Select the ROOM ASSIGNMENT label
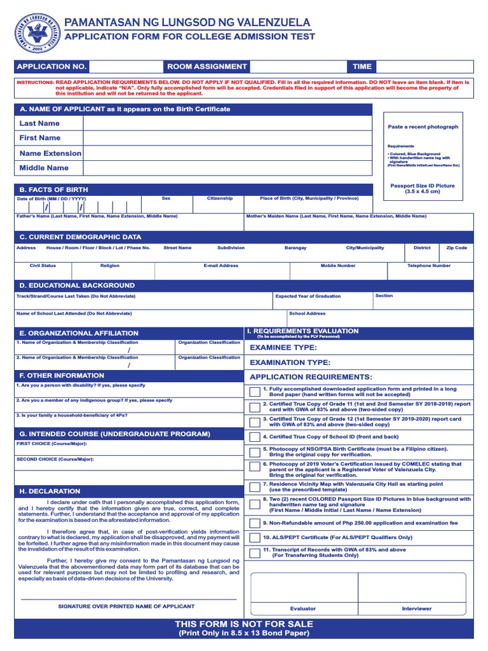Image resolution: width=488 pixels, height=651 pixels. click(207, 66)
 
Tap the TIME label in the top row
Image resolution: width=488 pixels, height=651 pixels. click(362, 66)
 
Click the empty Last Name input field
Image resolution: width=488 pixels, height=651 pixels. click(227, 123)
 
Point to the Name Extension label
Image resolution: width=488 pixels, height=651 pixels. click(50, 153)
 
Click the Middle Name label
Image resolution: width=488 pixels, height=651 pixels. click(44, 168)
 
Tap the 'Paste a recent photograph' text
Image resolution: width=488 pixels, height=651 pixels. click(423, 127)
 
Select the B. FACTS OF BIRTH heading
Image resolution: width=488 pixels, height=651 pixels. click(54, 189)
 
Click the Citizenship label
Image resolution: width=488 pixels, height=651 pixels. click(220, 198)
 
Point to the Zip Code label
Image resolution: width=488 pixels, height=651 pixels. click(456, 248)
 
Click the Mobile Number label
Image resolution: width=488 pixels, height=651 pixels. click(337, 266)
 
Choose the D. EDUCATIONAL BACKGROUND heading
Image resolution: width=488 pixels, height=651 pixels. click(77, 285)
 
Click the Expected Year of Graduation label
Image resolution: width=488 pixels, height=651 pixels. click(308, 296)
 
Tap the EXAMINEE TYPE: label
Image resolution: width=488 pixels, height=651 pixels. click(283, 347)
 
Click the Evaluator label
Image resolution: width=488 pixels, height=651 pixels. click(302, 608)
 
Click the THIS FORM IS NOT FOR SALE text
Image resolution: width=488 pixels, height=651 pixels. click(244, 624)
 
